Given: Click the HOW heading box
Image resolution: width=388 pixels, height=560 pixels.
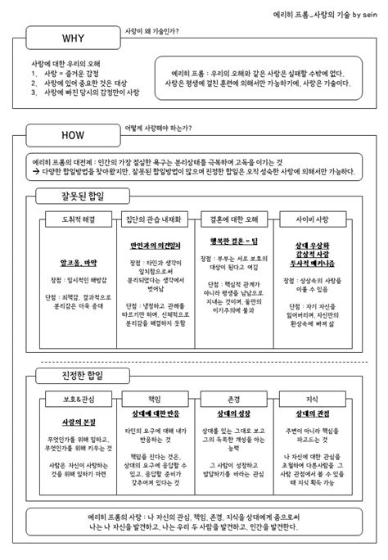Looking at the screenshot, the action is [x=72, y=135].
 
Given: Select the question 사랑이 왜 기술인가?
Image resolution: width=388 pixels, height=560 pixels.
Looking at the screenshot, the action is [x=151, y=31].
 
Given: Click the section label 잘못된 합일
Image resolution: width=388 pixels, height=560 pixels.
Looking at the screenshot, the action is [x=82, y=196].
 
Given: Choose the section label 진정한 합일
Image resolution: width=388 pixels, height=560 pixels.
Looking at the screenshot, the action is [x=82, y=375].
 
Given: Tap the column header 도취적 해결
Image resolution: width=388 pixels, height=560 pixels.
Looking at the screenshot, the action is [x=78, y=220].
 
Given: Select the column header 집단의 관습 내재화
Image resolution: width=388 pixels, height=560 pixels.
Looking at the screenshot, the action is [x=155, y=220].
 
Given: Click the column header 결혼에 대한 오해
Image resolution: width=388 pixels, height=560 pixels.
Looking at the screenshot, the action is [x=233, y=220].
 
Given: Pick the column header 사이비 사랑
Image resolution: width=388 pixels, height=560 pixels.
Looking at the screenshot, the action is [x=310, y=220].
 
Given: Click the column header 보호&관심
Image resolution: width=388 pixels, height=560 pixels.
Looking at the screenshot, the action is [x=78, y=399].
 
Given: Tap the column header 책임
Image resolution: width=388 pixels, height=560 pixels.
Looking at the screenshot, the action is [x=155, y=399].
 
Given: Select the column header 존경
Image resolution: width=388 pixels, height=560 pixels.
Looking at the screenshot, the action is [x=233, y=399].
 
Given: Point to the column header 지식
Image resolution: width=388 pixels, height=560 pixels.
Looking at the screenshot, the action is [x=310, y=399].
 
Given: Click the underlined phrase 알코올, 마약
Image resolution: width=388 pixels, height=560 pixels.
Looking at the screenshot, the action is [x=78, y=264].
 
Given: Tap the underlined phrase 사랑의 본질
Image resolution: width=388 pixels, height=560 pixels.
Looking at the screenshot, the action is [x=78, y=421].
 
